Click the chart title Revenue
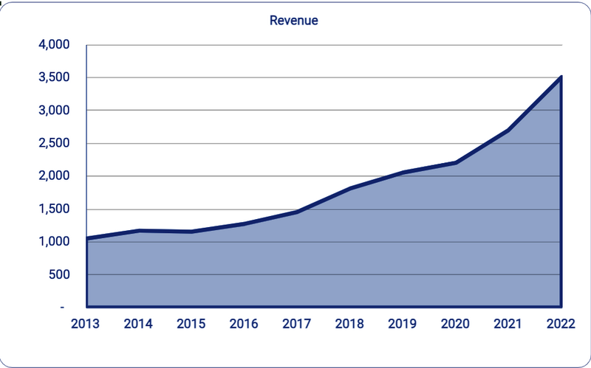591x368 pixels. coord(293,21)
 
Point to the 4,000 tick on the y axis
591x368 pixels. coord(53,45)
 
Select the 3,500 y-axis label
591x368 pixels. coord(53,77)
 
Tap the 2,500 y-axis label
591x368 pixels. coord(53,143)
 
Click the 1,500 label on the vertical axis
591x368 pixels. coord(53,209)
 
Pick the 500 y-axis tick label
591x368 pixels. coord(58,275)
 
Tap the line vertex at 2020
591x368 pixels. coord(456,162)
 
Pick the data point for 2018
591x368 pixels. coord(350,188)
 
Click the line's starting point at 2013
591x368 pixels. coord(87,238)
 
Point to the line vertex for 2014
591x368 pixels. coord(140,231)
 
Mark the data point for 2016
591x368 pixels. coord(245,223)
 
